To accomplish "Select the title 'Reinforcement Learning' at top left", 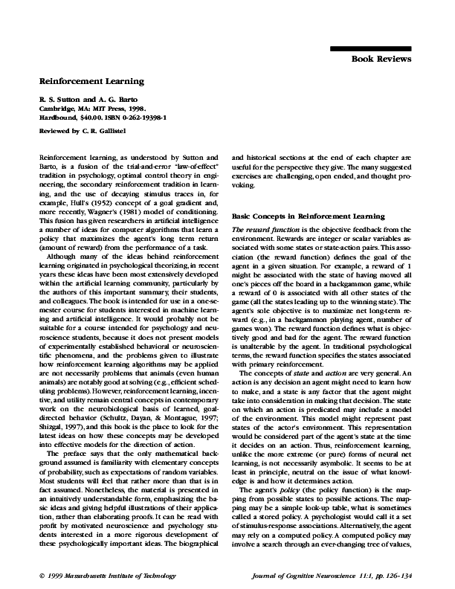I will pyautogui.click(x=91, y=80).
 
